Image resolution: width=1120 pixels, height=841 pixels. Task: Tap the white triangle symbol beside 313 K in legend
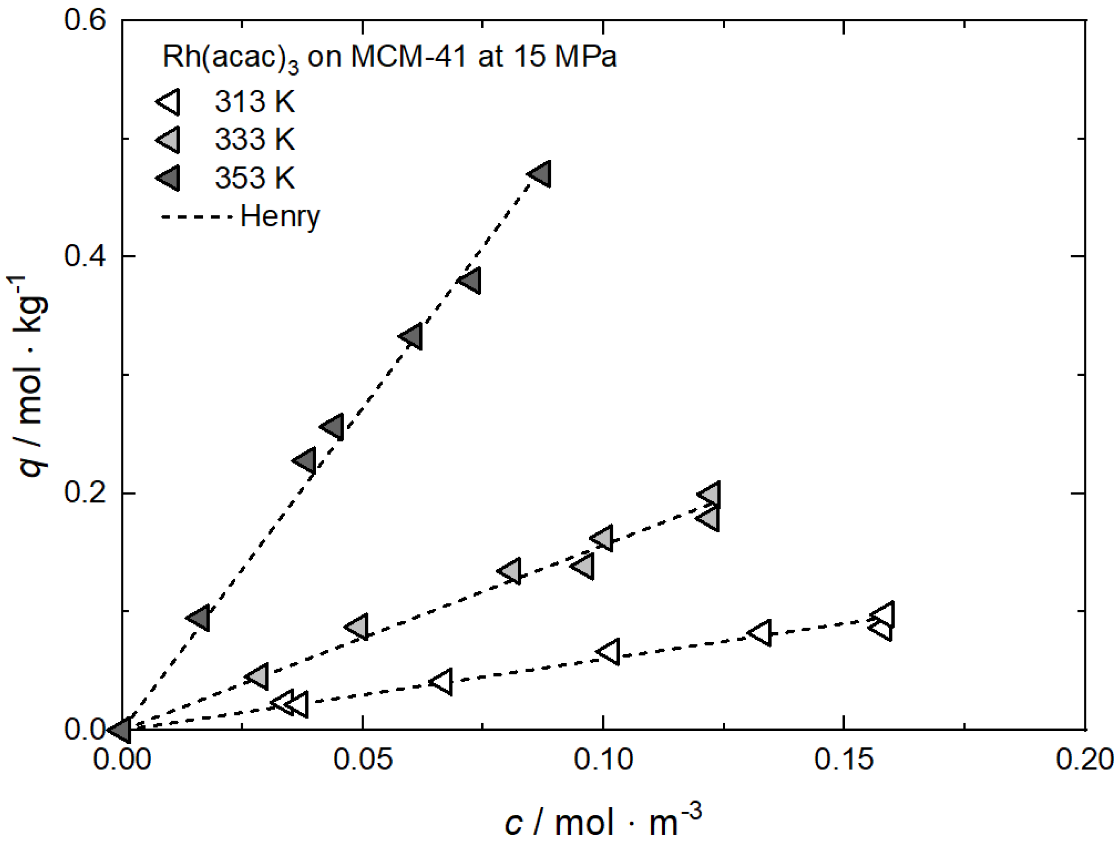(x=169, y=102)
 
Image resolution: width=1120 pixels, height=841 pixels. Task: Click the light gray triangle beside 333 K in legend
(x=169, y=139)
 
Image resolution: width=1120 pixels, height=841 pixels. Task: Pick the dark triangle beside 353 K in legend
(x=169, y=178)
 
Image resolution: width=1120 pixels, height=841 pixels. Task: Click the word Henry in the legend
(x=279, y=217)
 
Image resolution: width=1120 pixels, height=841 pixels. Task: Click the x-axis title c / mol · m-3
(x=603, y=821)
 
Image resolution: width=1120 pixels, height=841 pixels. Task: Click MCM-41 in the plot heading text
(x=408, y=57)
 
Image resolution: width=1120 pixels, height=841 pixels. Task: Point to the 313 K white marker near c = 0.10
(x=609, y=652)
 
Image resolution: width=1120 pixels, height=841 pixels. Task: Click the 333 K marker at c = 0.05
(x=358, y=627)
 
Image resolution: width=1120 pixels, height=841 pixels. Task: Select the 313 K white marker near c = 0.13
(x=762, y=633)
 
